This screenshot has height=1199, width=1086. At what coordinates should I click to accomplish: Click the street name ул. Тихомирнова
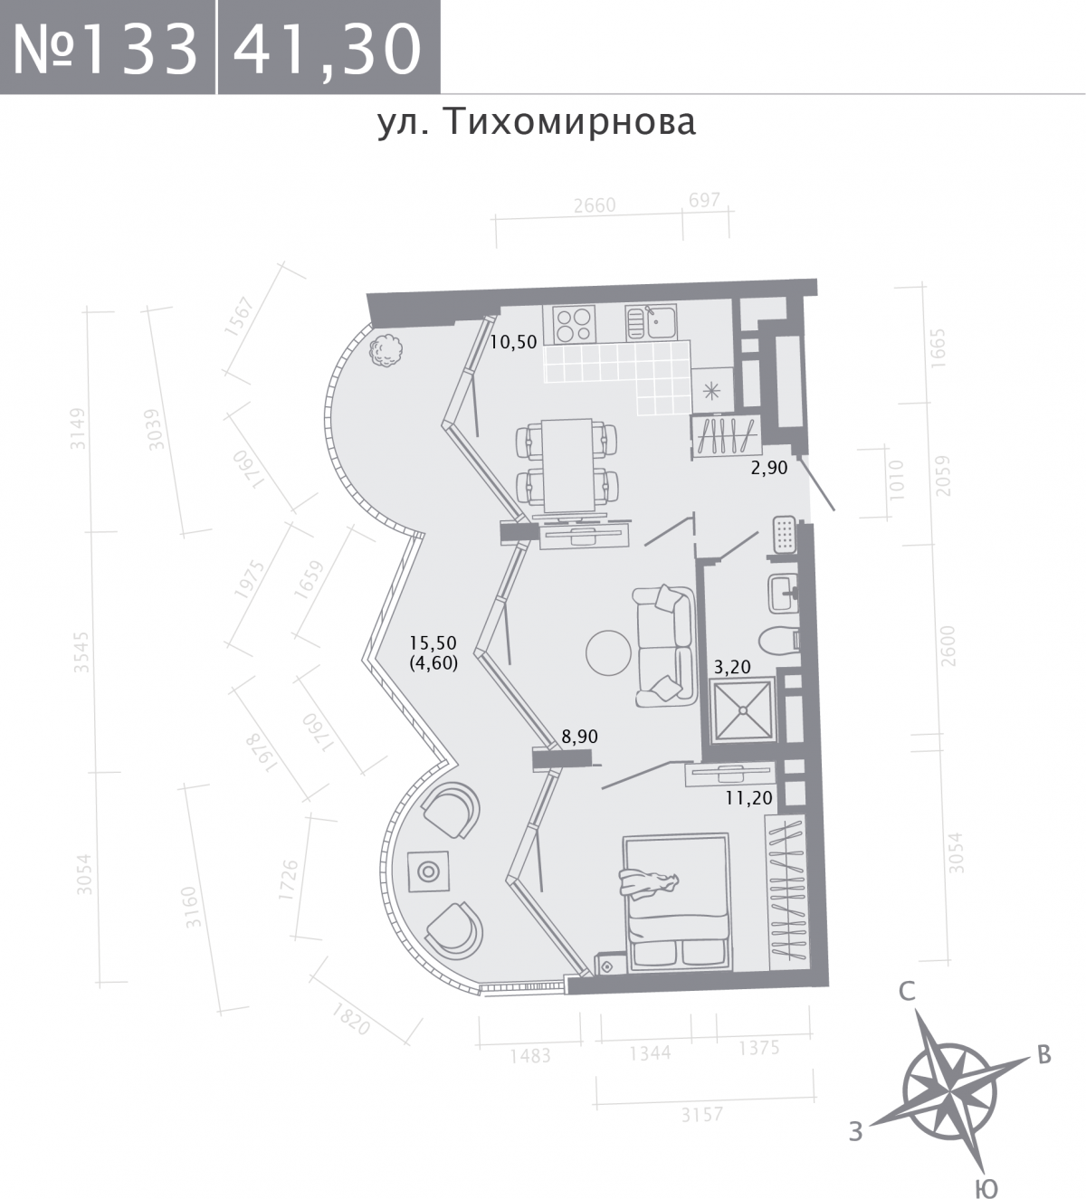(537, 121)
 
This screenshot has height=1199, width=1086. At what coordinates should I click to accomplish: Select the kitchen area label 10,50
(514, 342)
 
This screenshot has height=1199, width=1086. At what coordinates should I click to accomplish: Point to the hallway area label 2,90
(769, 469)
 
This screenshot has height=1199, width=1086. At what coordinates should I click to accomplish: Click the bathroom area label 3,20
(733, 668)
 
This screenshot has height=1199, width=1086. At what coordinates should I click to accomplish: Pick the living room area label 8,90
(580, 737)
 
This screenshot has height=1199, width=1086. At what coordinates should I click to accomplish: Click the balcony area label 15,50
(433, 643)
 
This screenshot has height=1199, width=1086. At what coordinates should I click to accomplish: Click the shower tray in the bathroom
(743, 711)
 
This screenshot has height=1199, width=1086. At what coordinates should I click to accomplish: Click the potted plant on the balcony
(385, 349)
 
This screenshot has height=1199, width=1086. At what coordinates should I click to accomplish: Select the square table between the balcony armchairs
(428, 871)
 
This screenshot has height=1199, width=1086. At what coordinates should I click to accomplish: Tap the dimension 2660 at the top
(595, 205)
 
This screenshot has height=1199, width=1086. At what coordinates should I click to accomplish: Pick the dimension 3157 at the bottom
(701, 1115)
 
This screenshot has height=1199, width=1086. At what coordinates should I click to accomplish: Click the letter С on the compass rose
(907, 992)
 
